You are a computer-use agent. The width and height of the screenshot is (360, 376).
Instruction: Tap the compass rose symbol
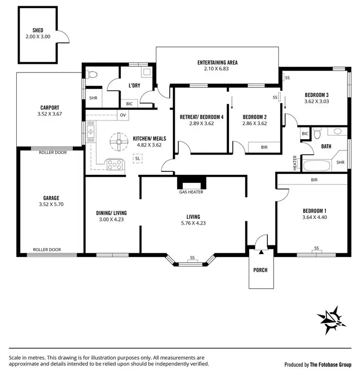(x=332, y=319)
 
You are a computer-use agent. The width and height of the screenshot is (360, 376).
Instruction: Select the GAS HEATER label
(x=192, y=192)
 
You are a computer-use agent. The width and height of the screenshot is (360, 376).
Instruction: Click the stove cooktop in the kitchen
(x=115, y=165)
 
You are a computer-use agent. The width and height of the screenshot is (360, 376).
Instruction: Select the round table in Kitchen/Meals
(x=118, y=142)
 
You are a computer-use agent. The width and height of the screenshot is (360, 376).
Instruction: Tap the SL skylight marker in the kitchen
(x=138, y=158)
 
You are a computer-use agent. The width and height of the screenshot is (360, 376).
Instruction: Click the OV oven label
(x=123, y=115)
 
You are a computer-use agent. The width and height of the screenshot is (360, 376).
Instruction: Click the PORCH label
(x=261, y=270)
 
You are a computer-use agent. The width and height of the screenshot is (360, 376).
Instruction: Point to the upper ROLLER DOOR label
(x=53, y=152)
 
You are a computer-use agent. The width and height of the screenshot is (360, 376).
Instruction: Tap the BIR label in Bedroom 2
(x=264, y=147)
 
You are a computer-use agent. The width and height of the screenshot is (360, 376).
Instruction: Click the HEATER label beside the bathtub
(x=295, y=163)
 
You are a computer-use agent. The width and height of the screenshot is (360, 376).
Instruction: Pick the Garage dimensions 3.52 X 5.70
(x=51, y=205)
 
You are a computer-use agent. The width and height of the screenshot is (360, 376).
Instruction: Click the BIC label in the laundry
(x=129, y=103)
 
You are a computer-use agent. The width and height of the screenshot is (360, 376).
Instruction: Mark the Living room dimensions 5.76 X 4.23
(x=193, y=223)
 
